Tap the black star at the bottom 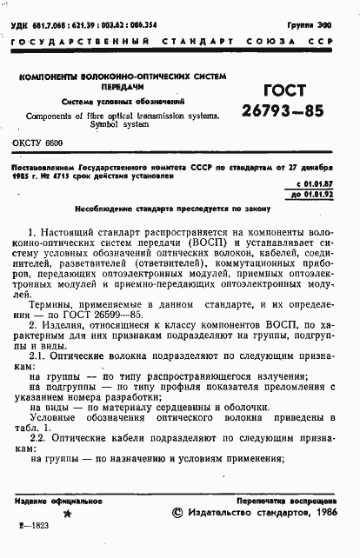69,515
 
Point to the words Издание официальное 51,502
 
